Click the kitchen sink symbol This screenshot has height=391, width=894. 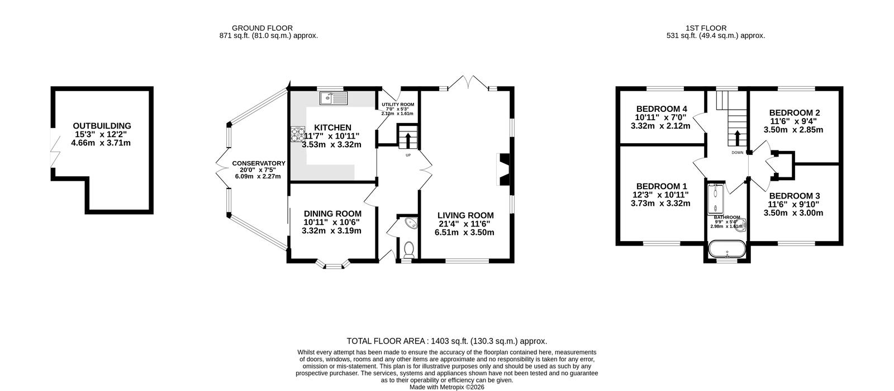334,98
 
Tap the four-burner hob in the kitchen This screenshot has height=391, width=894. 298,134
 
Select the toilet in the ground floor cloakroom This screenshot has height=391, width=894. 408,249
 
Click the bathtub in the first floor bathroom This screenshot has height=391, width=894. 727,248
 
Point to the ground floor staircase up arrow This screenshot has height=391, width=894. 407,140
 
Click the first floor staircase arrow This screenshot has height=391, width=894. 737,138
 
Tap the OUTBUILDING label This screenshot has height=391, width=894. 102,126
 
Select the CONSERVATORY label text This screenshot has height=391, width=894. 259,163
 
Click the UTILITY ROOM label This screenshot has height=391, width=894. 397,105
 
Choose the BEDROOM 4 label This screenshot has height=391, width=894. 662,109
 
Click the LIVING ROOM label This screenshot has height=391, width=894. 465,215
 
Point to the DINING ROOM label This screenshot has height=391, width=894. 332,214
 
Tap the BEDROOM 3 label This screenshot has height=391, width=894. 794,196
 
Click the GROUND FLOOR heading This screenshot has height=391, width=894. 262,28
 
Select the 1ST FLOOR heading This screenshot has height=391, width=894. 706,28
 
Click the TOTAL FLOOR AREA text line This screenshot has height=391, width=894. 446,341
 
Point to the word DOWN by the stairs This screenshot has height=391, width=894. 738,153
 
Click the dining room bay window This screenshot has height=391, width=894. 333,265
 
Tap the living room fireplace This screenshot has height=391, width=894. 503,169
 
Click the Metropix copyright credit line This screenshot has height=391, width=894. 446,387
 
